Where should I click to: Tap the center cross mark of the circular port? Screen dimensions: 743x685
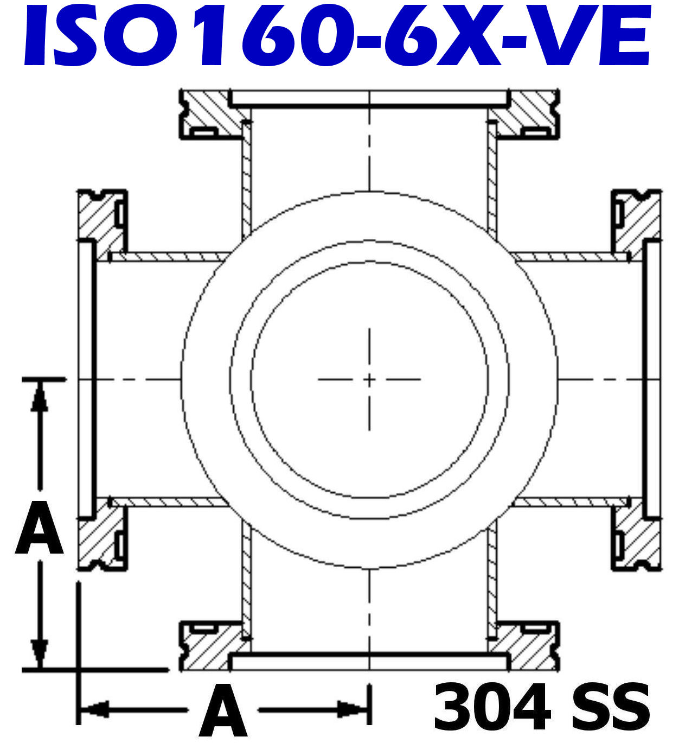(369, 379)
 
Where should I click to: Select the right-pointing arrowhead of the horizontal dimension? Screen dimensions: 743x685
(353, 708)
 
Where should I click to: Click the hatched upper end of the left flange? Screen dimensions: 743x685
(98, 217)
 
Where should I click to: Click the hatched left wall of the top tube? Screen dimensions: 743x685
(247, 179)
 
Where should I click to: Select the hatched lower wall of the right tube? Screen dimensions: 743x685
(569, 501)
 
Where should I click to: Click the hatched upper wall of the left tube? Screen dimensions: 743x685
(168, 257)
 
